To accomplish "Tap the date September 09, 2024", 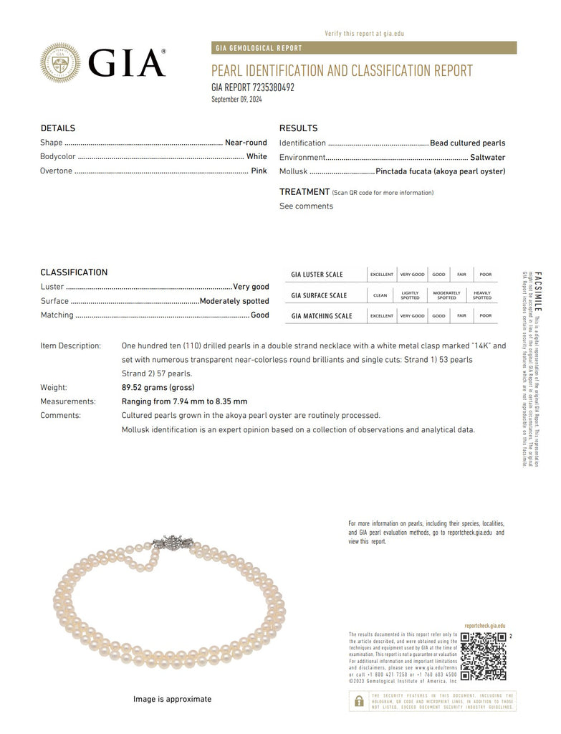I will click(236, 99).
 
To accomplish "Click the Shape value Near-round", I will click(246, 143).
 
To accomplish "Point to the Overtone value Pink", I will click(259, 171).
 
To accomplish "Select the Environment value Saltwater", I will click(487, 157).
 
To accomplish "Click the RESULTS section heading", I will click(298, 128).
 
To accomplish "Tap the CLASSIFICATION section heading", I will click(74, 272).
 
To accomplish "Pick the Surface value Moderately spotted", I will click(234, 301).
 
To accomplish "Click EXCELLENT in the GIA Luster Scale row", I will click(382, 275).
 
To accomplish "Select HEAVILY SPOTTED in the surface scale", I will click(482, 295).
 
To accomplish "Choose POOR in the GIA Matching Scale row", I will click(486, 315).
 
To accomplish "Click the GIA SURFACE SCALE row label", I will click(319, 295).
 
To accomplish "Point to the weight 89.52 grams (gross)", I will click(158, 388).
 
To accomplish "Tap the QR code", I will click(483, 657).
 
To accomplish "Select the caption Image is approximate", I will click(172, 699).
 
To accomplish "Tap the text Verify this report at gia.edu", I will click(364, 34).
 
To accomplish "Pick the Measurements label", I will click(68, 401).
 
